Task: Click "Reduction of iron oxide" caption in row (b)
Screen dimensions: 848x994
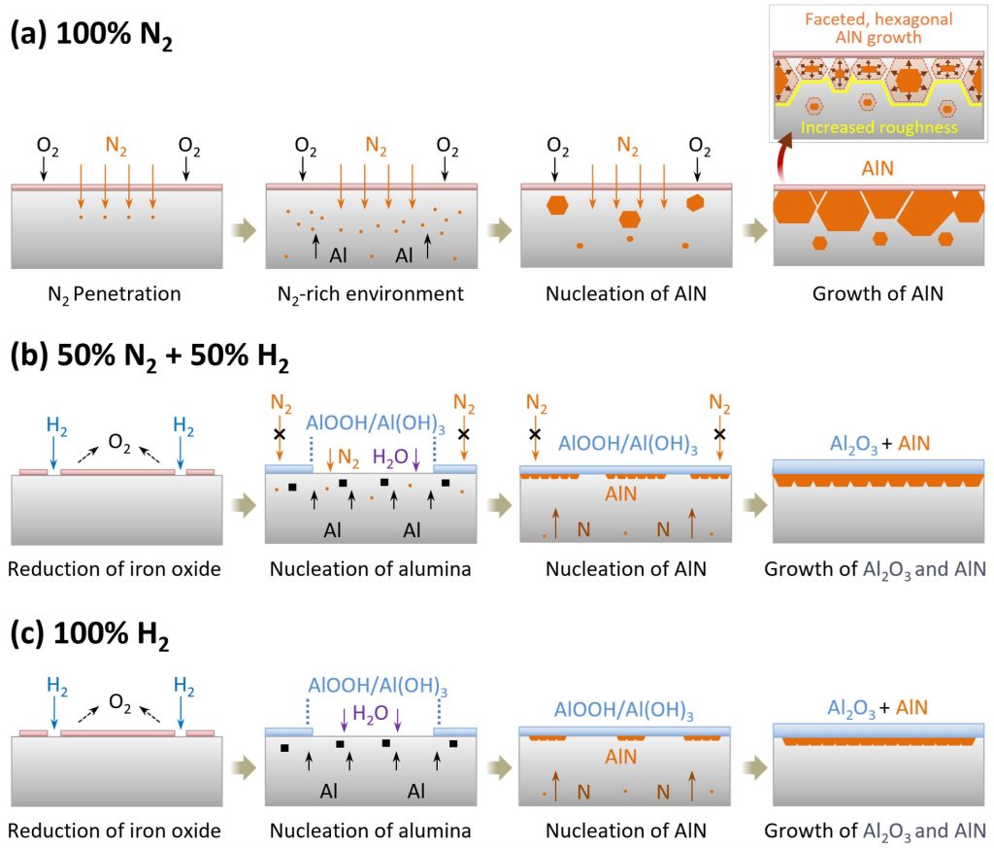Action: pos(115,568)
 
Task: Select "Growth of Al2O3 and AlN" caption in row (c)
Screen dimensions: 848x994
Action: pos(876,831)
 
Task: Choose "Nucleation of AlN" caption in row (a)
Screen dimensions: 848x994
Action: pos(625,292)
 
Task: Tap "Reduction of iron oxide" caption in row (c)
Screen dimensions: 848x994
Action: pos(115,831)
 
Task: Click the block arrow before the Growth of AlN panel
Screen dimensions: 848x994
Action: pos(751,231)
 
